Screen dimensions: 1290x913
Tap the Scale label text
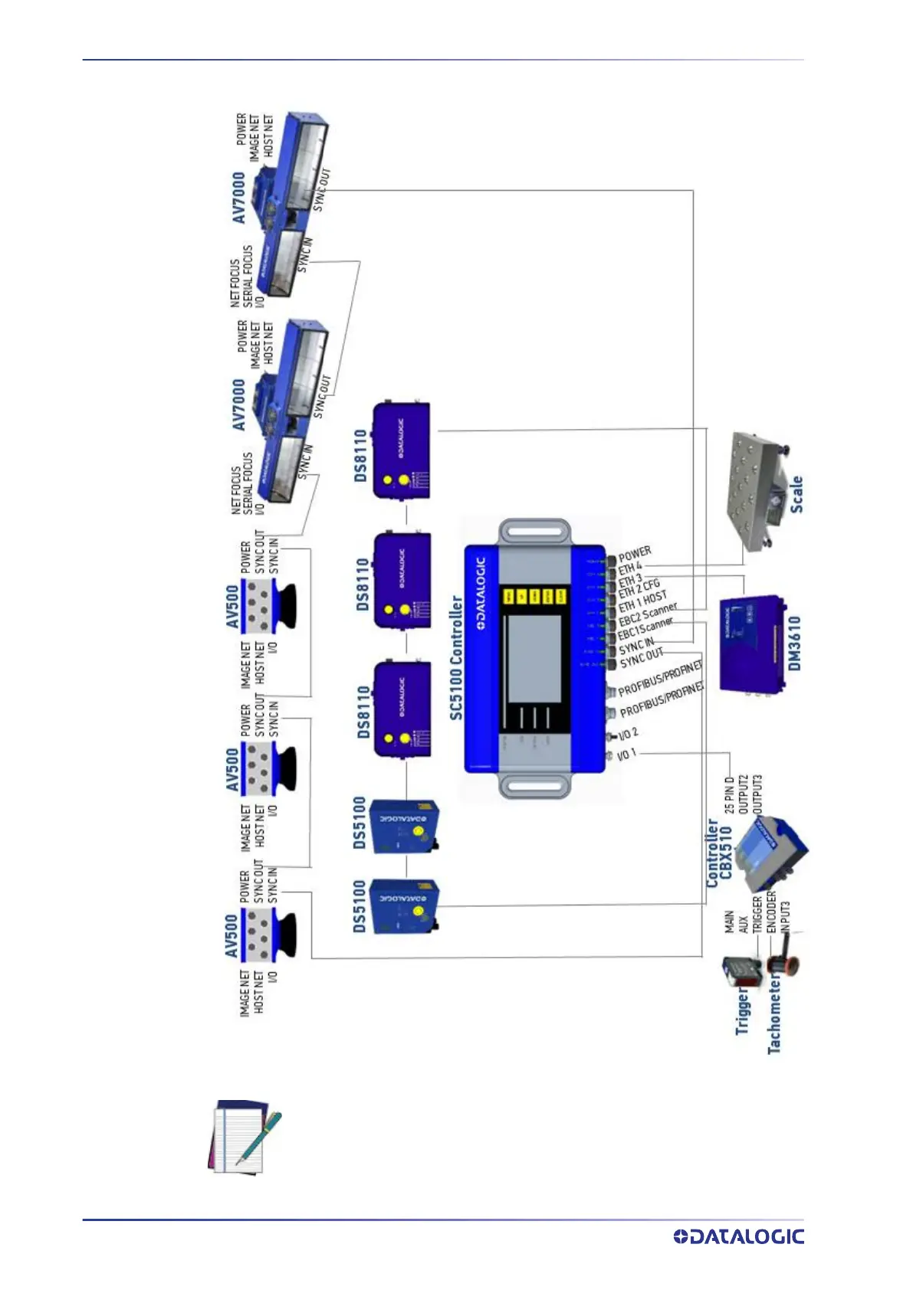(x=796, y=493)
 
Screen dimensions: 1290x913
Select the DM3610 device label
(x=794, y=643)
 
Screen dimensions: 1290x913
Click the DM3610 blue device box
(x=751, y=643)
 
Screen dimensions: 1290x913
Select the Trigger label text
(x=742, y=1011)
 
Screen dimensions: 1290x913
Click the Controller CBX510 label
(x=719, y=853)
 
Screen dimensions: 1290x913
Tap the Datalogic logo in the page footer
(x=738, y=1236)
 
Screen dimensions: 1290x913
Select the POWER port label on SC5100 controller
(x=635, y=553)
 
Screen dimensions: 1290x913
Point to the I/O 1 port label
(x=626, y=755)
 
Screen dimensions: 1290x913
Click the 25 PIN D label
(x=729, y=794)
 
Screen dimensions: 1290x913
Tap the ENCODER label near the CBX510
(x=771, y=912)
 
